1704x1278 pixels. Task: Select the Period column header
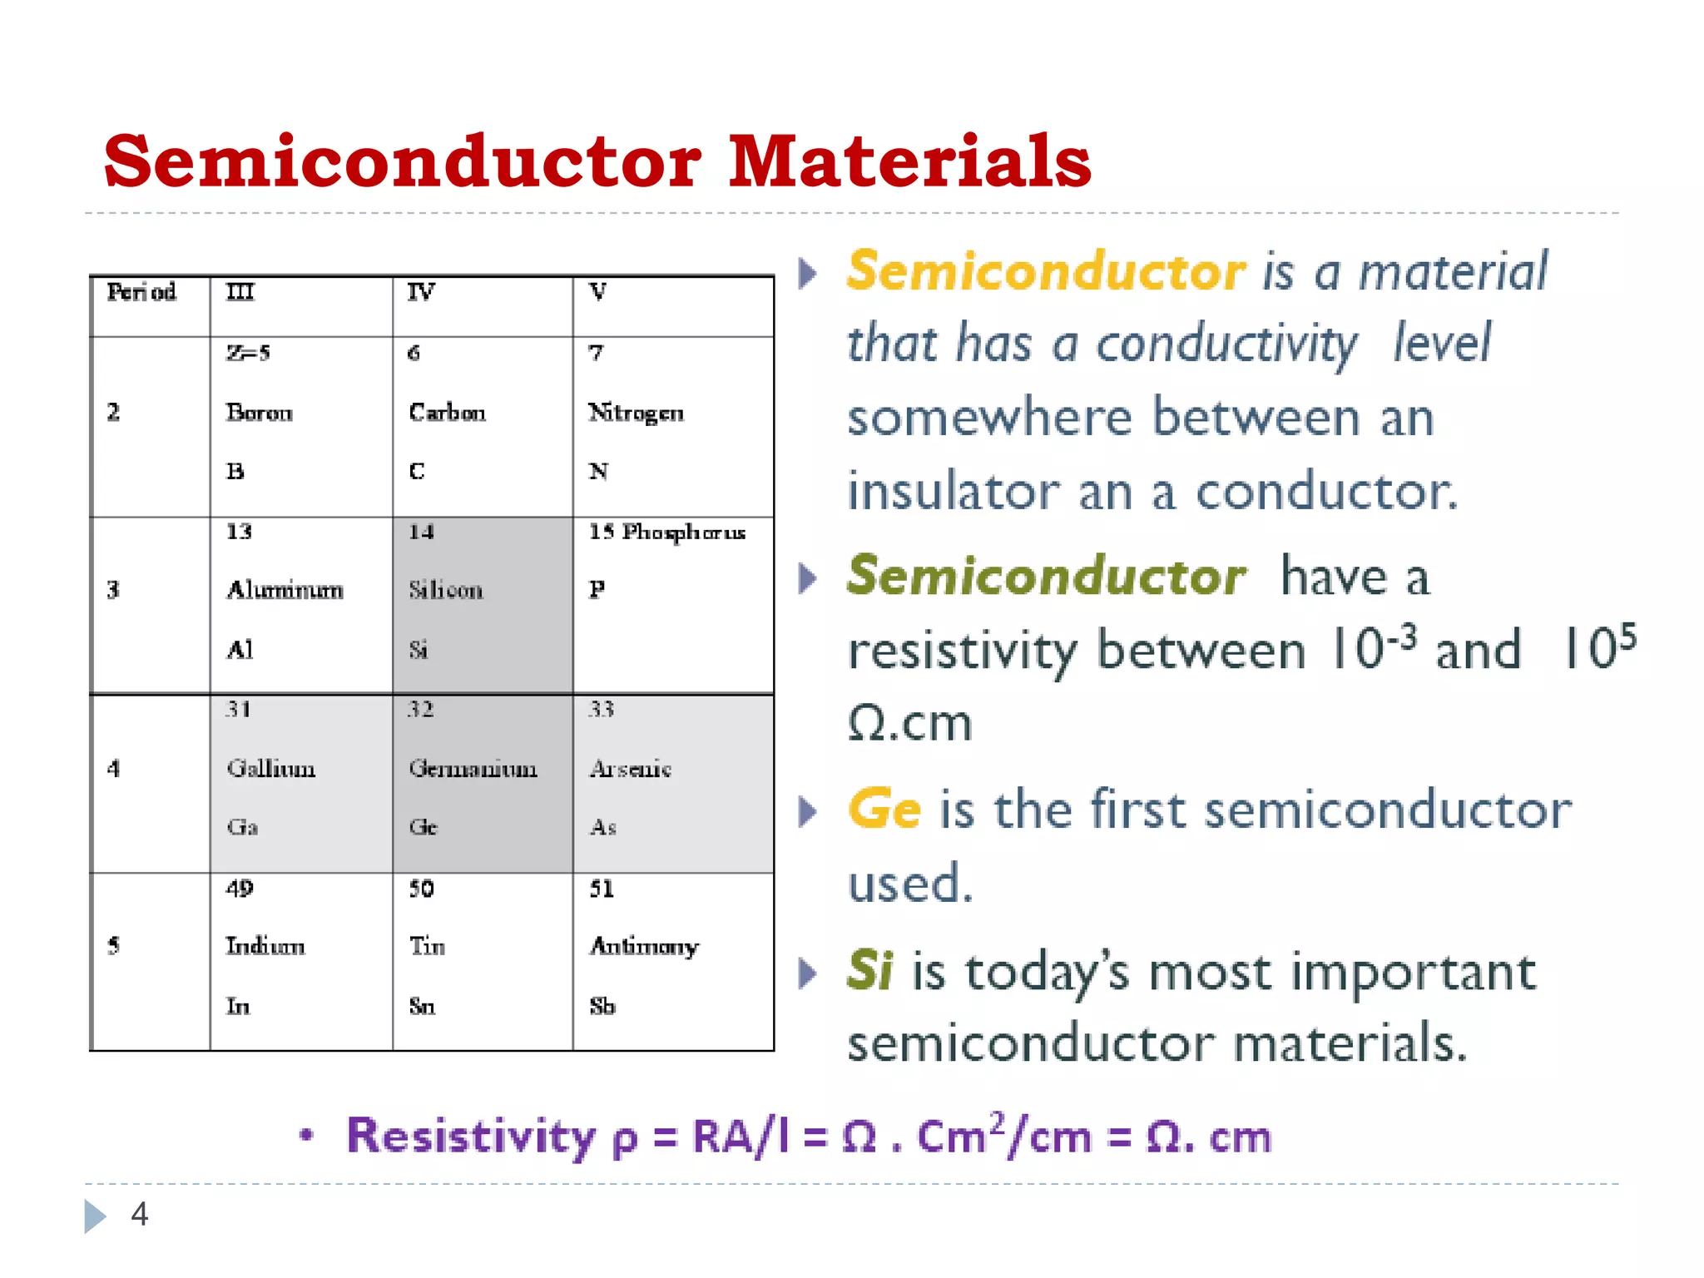tap(141, 292)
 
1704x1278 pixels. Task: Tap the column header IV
tap(421, 292)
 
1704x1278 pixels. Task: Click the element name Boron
tap(260, 413)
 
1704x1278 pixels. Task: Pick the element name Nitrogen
tap(636, 413)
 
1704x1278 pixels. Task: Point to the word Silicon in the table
tap(446, 590)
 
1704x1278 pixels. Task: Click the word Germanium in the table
tap(473, 768)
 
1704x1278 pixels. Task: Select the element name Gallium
tap(271, 768)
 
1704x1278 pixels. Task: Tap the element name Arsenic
tap(630, 768)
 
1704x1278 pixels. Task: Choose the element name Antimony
tap(644, 946)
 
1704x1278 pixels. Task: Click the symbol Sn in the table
tap(422, 1007)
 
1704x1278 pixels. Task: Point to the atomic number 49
tap(240, 888)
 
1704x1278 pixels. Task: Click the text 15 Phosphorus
tap(666, 532)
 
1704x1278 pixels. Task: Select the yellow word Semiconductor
tap(1046, 271)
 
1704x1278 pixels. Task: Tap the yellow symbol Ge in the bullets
tap(884, 809)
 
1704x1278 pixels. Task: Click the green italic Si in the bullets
tap(869, 970)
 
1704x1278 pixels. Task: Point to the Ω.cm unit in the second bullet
tap(909, 722)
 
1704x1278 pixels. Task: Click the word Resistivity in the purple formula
tap(471, 1136)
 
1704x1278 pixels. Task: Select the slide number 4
tap(140, 1214)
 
